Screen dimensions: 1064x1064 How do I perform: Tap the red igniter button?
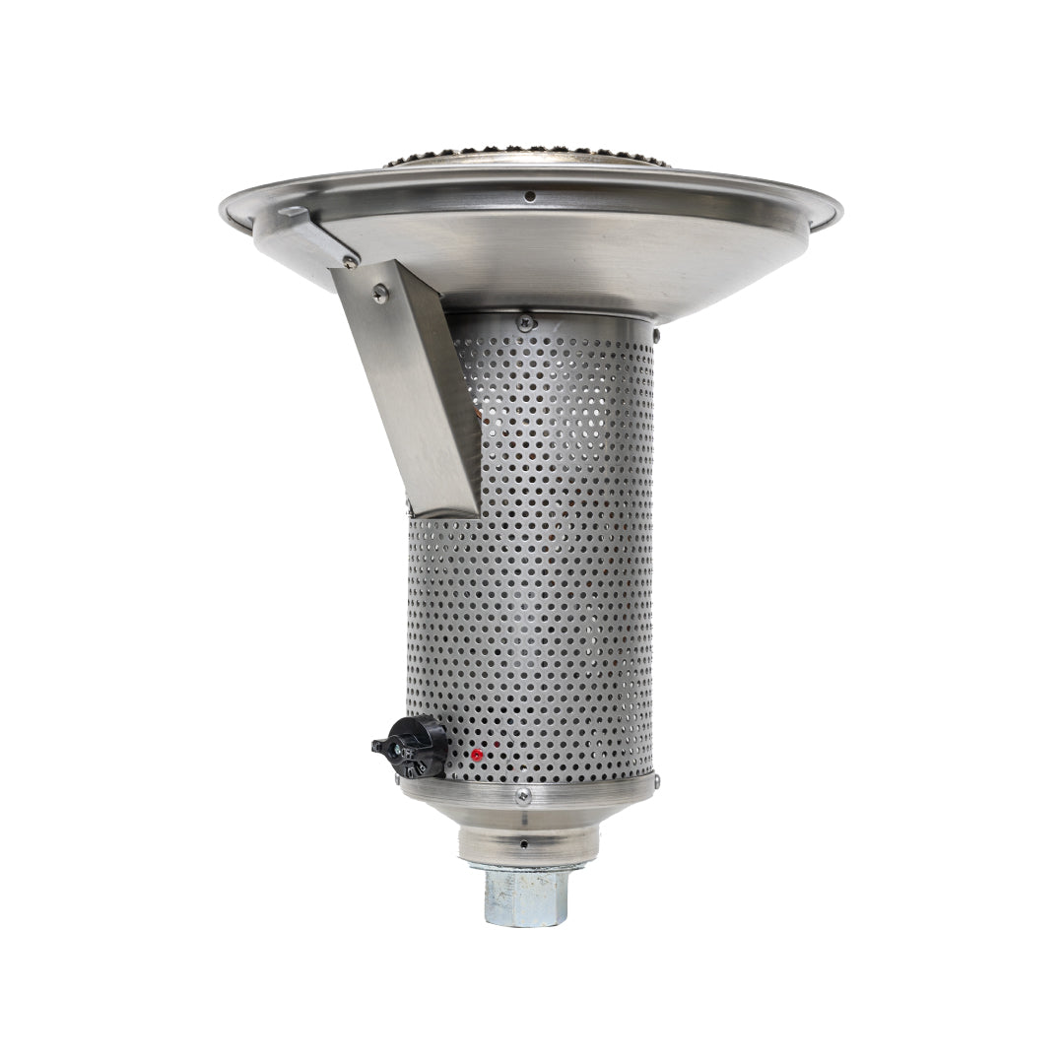pyautogui.click(x=477, y=756)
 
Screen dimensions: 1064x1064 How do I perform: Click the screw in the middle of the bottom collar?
pyautogui.click(x=524, y=795)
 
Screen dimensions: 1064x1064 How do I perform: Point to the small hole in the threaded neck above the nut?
pyautogui.click(x=523, y=844)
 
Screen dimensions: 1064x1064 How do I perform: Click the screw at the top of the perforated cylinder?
pyautogui.click(x=526, y=320)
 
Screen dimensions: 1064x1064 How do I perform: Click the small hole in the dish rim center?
pyautogui.click(x=529, y=196)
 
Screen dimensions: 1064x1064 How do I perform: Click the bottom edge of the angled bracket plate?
pyautogui.click(x=443, y=511)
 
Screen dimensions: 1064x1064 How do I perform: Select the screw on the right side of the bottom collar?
pyautogui.click(x=655, y=782)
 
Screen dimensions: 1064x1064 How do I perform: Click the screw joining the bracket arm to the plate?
pyautogui.click(x=350, y=263)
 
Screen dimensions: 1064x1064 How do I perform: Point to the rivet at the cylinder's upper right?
pyautogui.click(x=657, y=338)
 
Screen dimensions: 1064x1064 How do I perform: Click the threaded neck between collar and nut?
pyautogui.click(x=528, y=846)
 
